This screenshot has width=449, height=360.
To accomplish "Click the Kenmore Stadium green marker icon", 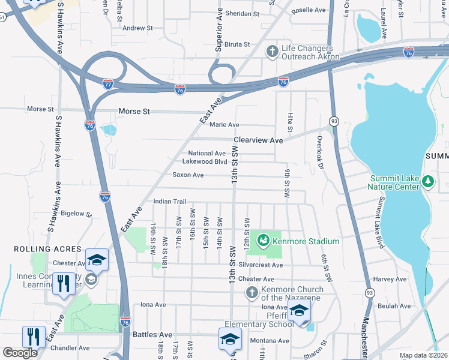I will tap(263, 241).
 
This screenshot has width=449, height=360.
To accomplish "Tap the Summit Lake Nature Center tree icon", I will tap(427, 180).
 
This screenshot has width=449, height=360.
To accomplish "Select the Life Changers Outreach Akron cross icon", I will tap(272, 52).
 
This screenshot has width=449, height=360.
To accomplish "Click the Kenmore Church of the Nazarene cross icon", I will tap(252, 293).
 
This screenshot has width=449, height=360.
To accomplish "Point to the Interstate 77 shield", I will tap(107, 85).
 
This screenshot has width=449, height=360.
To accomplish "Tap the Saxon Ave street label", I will tap(188, 175).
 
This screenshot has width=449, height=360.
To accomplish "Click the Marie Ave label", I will tap(224, 125).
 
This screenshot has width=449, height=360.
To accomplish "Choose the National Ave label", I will tap(207, 153).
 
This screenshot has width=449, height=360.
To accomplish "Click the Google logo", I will tap(20, 353).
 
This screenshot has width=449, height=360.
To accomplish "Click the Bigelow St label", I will tap(76, 213).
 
